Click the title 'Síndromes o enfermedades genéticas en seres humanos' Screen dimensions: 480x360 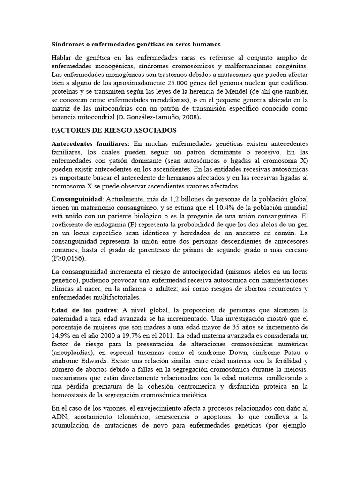pyautogui.click(x=135, y=44)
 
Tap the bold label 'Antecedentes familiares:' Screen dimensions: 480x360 pyautogui.click(x=90, y=143)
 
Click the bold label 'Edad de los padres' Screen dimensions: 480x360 pyautogui.click(x=84, y=310)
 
